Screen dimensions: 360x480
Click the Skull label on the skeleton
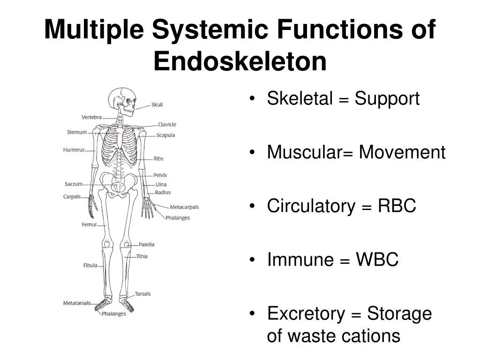tap(157, 105)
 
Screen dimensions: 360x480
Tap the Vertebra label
tap(91, 117)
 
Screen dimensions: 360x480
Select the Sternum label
tap(77, 132)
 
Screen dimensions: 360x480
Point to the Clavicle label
tap(167, 124)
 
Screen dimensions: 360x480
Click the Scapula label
tap(165, 135)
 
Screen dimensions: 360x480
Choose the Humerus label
tap(74, 150)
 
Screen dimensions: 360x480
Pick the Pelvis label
tap(160, 175)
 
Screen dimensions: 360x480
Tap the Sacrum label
tap(74, 184)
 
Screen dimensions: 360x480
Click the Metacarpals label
tap(184, 207)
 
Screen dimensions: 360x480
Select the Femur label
tap(89, 225)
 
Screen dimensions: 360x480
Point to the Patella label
tap(146, 244)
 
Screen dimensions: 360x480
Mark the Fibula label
tap(90, 265)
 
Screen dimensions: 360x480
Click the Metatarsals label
tap(77, 303)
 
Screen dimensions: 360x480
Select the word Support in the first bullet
tap(387, 99)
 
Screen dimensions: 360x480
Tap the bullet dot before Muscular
tap(253, 152)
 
